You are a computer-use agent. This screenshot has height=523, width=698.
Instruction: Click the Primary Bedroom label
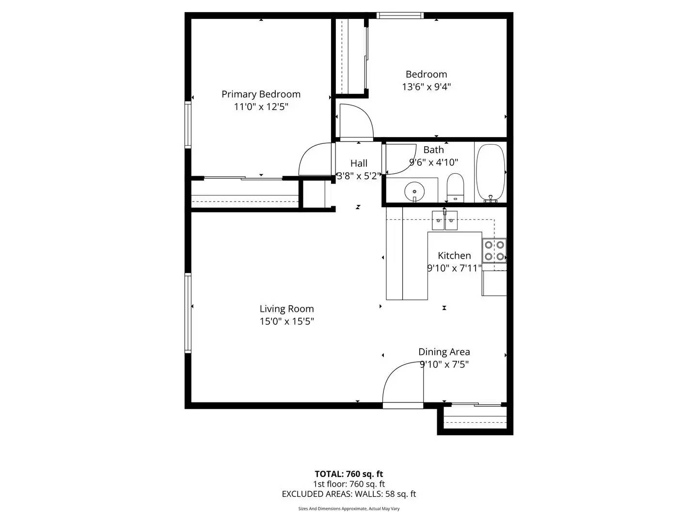(261, 94)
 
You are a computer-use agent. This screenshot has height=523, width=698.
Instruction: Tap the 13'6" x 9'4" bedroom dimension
(426, 87)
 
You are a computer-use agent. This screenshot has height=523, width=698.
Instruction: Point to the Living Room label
(286, 309)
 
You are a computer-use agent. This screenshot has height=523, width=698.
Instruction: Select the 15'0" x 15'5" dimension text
(286, 321)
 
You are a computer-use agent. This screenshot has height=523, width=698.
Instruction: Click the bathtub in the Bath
(491, 172)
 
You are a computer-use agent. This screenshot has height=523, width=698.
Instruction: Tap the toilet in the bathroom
(455, 187)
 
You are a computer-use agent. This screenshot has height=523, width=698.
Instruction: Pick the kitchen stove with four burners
(494, 250)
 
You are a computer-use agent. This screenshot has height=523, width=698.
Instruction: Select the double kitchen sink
(445, 220)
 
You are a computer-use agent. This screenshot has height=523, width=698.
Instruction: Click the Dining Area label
(444, 352)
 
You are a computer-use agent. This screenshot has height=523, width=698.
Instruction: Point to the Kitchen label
(454, 256)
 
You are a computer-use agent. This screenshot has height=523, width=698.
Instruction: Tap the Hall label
(359, 164)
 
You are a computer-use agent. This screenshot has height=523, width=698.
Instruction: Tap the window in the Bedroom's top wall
(400, 15)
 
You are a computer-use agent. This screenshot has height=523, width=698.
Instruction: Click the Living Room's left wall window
(188, 312)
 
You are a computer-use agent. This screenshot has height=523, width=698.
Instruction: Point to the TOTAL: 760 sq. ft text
(349, 474)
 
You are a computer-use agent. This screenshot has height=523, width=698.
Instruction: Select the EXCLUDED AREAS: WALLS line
(349, 494)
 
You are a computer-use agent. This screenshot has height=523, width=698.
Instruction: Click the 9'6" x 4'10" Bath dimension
(433, 163)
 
